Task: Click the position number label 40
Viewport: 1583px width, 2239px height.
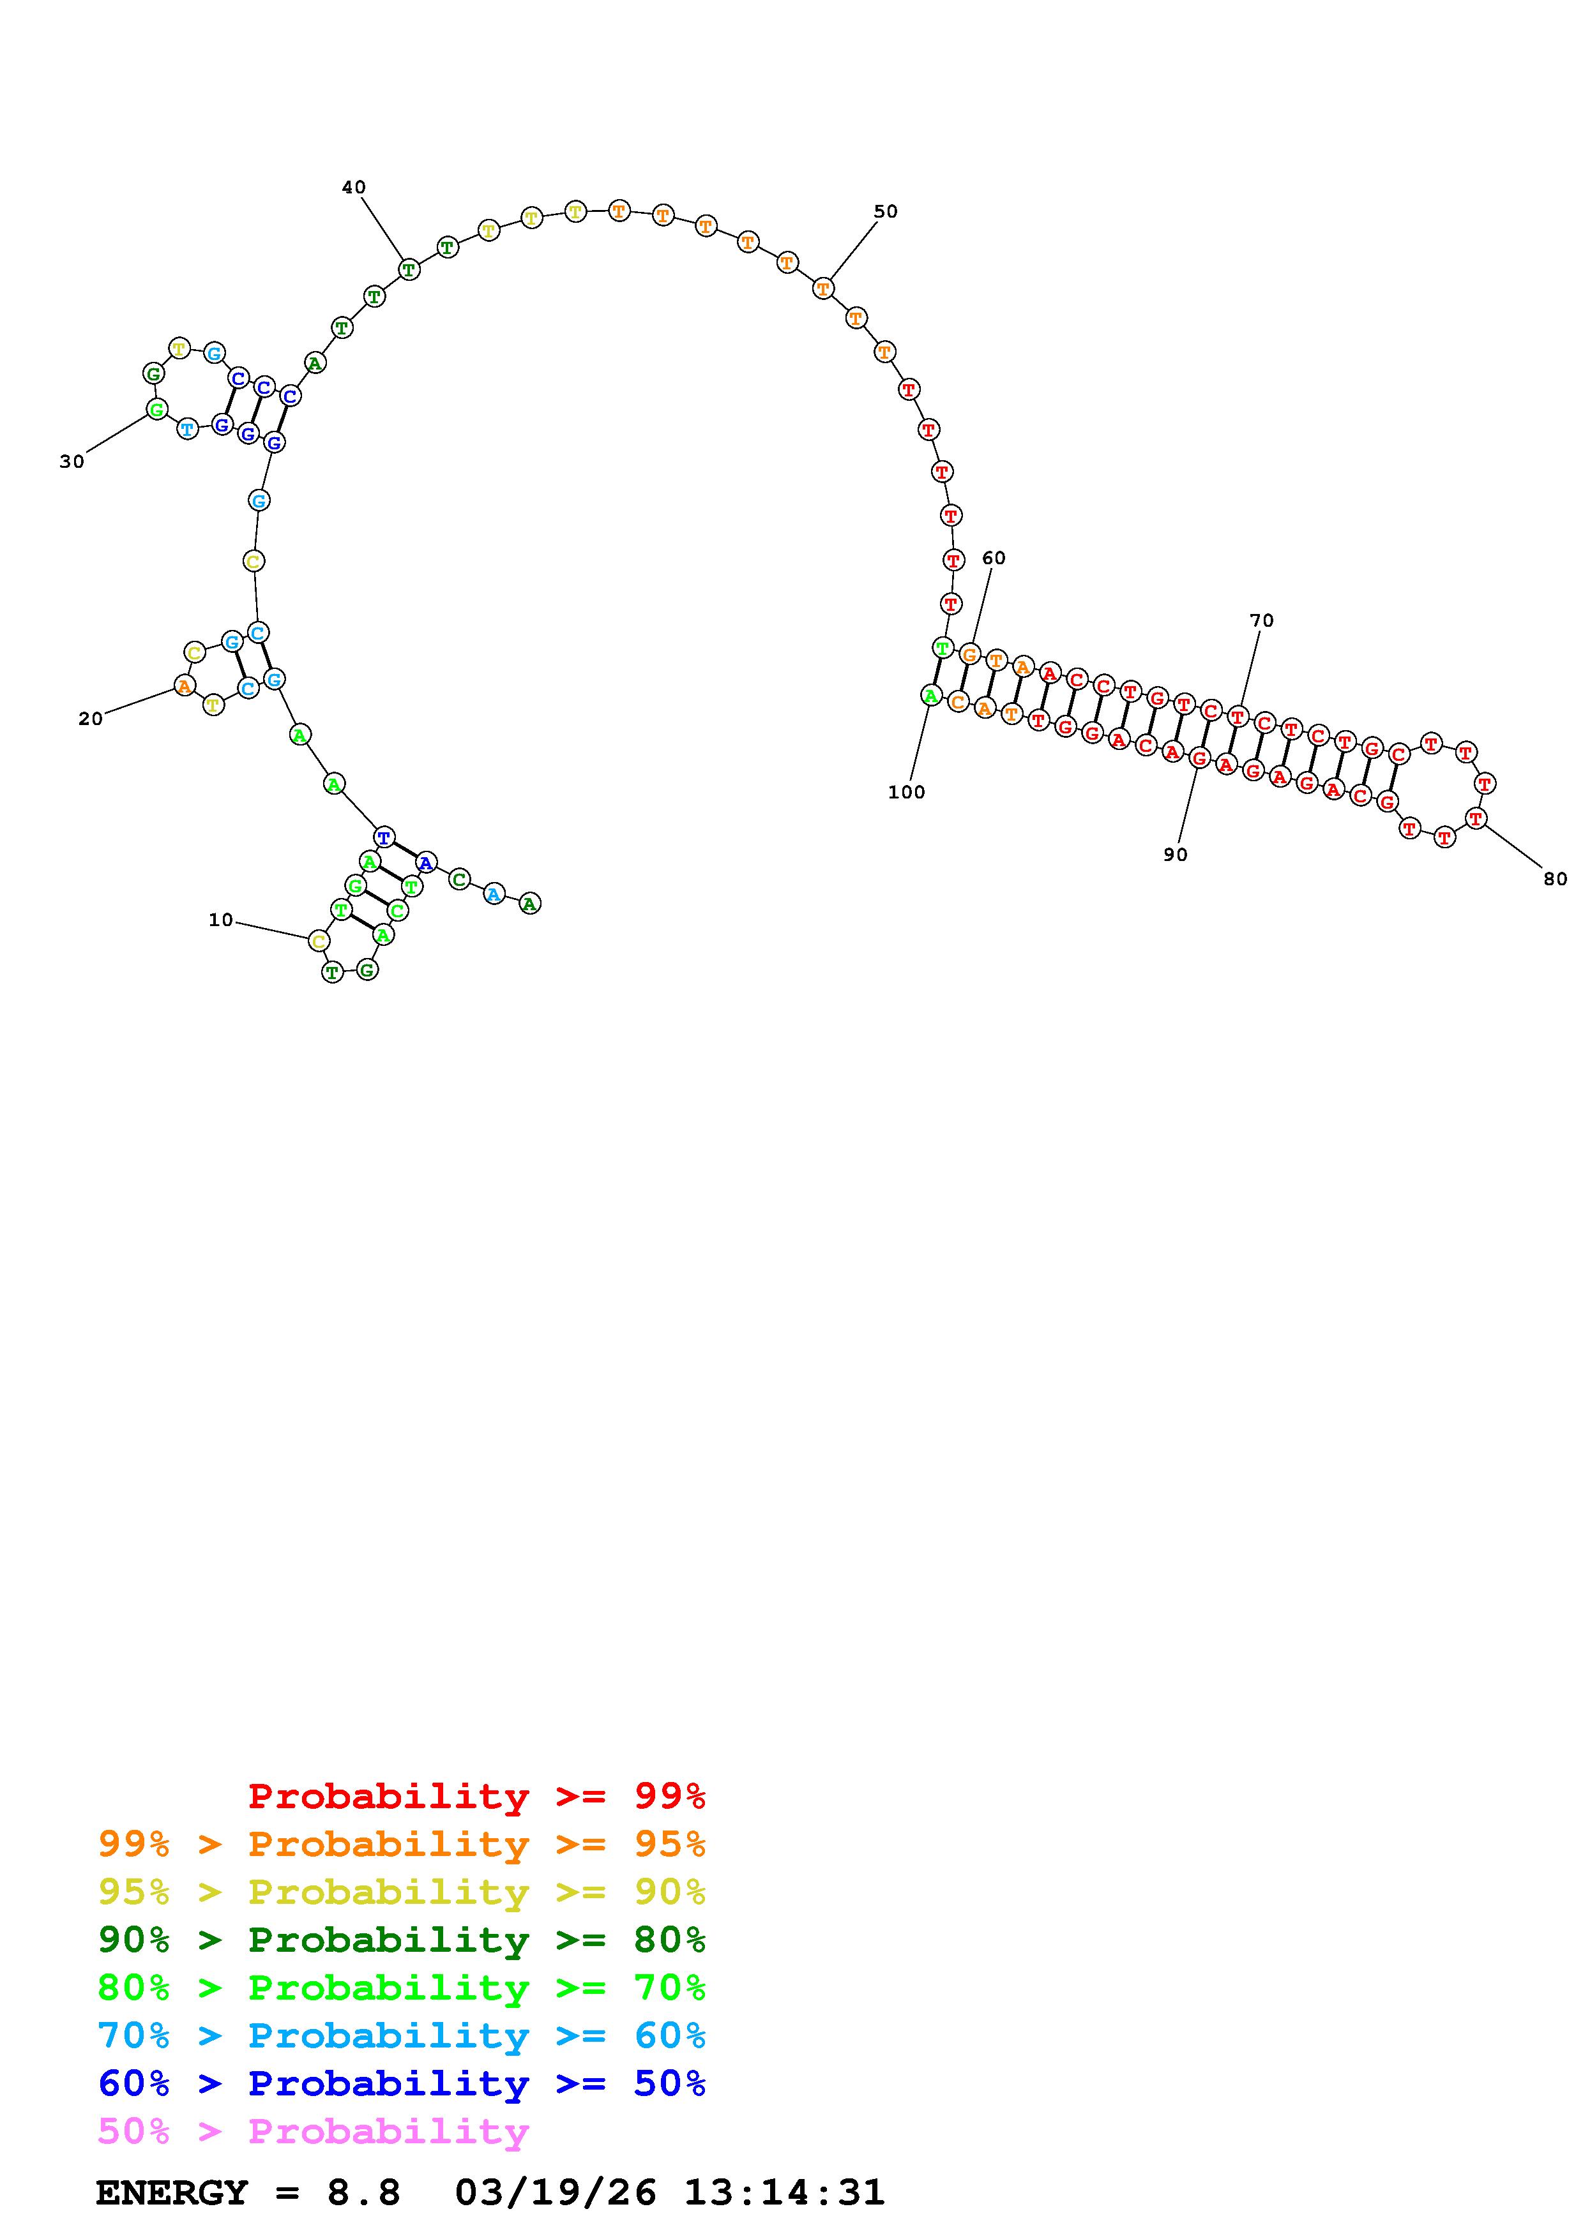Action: (x=354, y=187)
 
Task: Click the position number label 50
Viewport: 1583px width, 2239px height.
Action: (x=886, y=212)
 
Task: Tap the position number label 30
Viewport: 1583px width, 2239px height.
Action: (x=72, y=462)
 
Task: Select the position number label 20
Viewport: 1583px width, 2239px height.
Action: (x=91, y=719)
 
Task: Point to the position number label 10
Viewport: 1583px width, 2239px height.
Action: (x=222, y=920)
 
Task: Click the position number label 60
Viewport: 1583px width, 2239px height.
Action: (x=994, y=558)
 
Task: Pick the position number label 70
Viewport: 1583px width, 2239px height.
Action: (x=1262, y=620)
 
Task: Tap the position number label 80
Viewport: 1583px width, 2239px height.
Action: (x=1555, y=879)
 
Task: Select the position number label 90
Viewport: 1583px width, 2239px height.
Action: (x=1176, y=854)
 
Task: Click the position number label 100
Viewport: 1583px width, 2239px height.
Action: (x=907, y=793)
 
